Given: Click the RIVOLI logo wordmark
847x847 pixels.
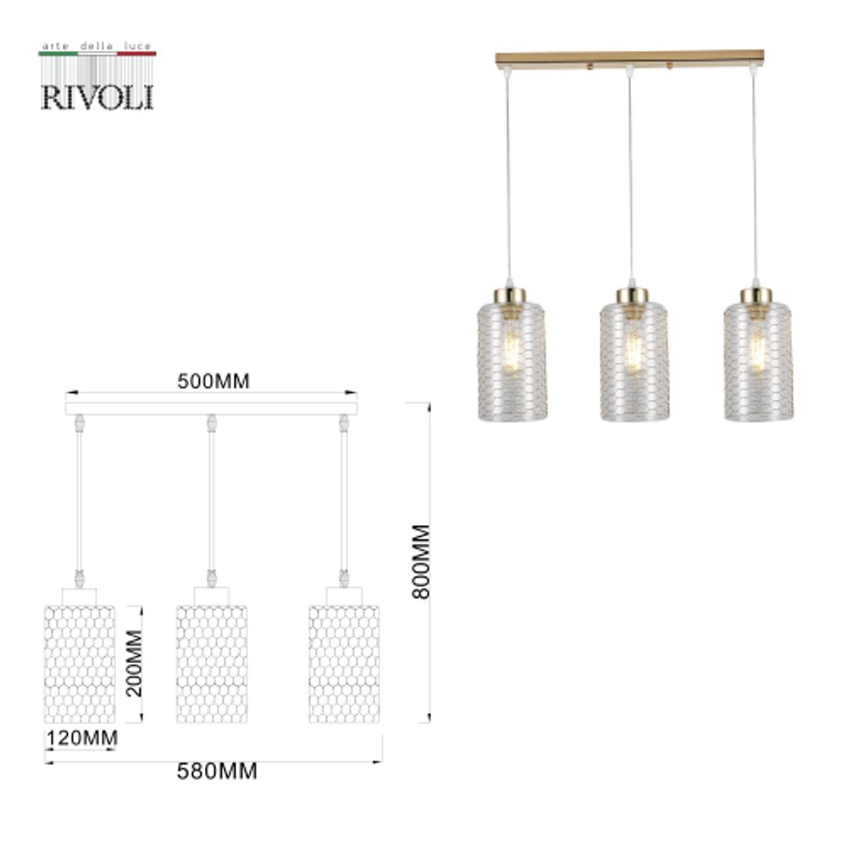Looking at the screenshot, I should click(97, 96).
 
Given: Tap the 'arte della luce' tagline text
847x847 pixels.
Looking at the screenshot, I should click(97, 44).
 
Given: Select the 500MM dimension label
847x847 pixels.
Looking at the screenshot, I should click(213, 381).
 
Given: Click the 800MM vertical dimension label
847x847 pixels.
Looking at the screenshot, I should click(421, 561).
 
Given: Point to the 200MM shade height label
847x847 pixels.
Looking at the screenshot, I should click(133, 662).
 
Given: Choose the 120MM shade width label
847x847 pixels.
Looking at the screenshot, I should click(80, 738).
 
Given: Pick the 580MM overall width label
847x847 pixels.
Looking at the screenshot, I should click(217, 772).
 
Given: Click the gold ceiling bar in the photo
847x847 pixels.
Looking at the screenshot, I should click(629, 58).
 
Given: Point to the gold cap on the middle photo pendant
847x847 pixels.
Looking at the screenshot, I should click(632, 296).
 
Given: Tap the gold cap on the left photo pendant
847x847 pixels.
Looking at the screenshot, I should click(510, 296).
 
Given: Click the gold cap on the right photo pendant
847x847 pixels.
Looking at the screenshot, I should click(756, 296).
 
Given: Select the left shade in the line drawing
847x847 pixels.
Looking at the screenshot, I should click(79, 663).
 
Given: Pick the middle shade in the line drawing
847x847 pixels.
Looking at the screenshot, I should click(212, 663).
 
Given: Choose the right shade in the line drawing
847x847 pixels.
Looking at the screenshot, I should click(344, 663).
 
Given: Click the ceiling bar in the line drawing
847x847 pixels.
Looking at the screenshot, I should click(212, 408).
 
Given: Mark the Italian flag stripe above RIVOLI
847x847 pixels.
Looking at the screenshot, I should click(97, 53).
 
